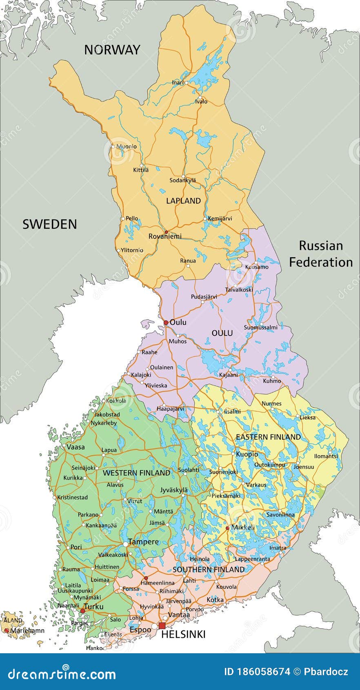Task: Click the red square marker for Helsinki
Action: coord(162,626)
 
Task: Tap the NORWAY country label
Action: coord(112,50)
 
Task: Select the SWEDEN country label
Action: coord(49,224)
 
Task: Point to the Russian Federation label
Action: coord(321,254)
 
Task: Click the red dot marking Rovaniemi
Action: coord(166,232)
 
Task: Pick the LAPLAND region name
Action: coord(183,201)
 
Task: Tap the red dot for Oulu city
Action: coord(166,323)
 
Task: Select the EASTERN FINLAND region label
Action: coord(268,437)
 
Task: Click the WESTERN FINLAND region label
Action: coord(136,473)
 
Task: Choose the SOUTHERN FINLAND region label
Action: coord(209,570)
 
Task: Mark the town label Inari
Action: coord(178,82)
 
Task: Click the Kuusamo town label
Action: coord(257,267)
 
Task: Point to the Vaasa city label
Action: coord(76,447)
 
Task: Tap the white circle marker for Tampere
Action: coord(125,544)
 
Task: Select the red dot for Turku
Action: coord(82,611)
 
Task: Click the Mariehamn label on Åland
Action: coord(27,631)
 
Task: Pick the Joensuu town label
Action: coord(304,467)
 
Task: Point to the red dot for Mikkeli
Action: coord(227,528)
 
